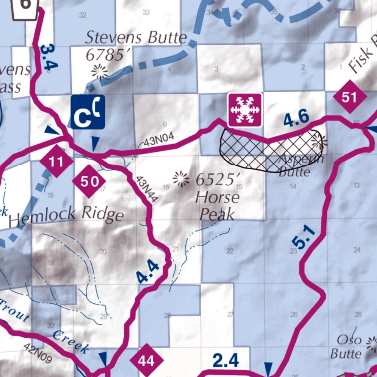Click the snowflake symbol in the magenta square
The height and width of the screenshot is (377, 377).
[x=245, y=110]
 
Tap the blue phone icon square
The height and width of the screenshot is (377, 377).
[x=88, y=112]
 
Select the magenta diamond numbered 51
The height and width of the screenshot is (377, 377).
[x=349, y=97]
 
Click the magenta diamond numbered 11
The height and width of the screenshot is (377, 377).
[x=56, y=161]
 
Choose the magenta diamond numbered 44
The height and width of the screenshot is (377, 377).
[x=146, y=361]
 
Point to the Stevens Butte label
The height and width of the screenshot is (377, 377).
[x=136, y=38]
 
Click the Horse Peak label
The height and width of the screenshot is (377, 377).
[x=217, y=206]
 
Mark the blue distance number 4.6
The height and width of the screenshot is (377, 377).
[x=296, y=119]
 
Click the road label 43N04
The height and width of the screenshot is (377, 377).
[x=159, y=140]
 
